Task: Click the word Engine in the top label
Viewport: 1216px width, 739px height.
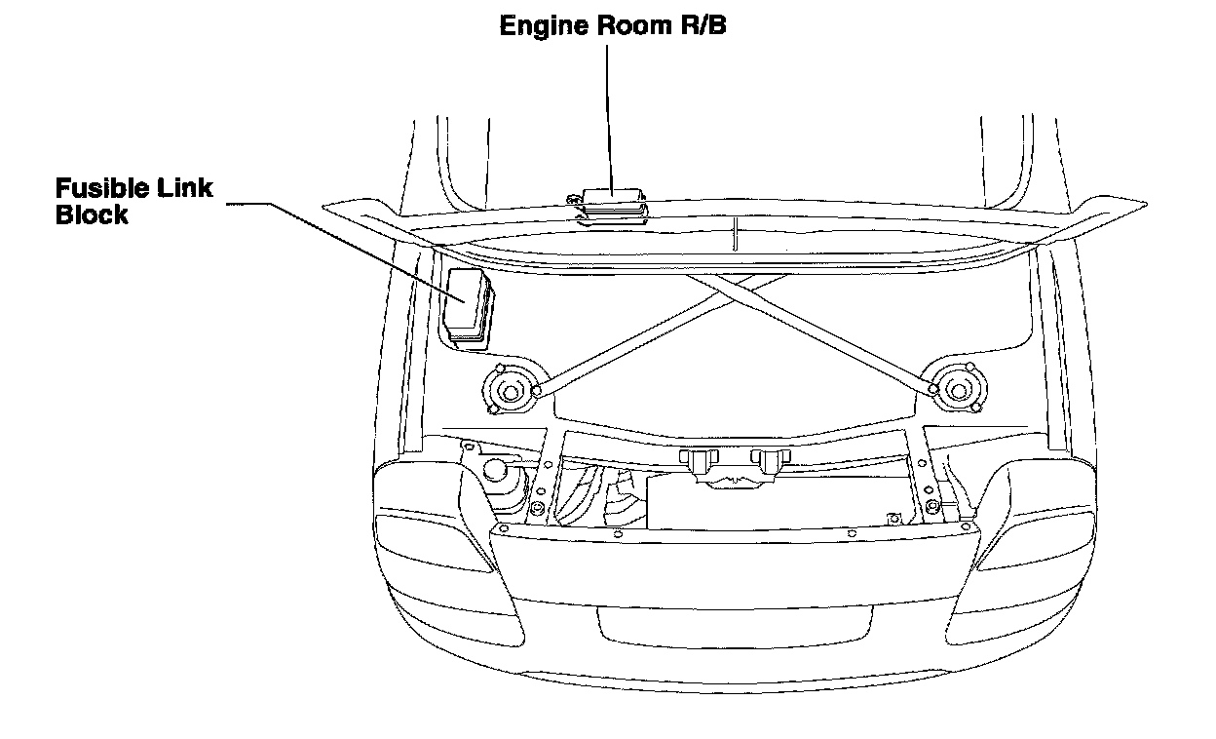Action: click(x=540, y=27)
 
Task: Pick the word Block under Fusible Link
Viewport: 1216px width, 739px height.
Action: click(x=92, y=214)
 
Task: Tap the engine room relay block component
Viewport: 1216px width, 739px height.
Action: click(x=610, y=203)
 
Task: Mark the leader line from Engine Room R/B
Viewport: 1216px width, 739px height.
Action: click(x=608, y=117)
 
